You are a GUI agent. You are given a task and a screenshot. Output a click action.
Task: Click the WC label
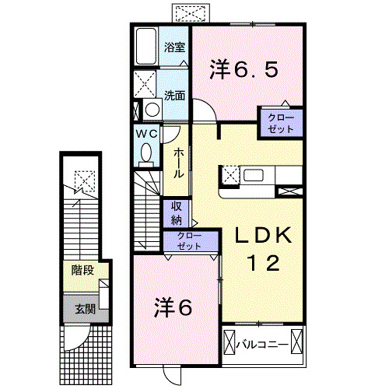[149, 134]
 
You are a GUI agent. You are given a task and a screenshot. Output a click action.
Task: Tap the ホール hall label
[179, 163]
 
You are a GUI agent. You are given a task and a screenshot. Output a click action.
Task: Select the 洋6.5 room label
[244, 69]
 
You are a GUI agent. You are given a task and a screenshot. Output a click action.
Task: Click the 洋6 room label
[175, 307]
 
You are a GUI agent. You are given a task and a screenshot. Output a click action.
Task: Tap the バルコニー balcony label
[264, 342]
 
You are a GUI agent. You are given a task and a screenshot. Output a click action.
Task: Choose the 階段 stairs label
[82, 272]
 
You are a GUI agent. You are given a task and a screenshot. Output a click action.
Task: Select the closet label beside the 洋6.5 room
[281, 123]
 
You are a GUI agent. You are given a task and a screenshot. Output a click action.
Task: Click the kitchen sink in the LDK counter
[254, 174]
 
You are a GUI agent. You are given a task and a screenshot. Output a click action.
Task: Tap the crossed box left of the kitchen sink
[231, 174]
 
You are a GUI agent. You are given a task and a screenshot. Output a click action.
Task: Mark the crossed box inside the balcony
[230, 342]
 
